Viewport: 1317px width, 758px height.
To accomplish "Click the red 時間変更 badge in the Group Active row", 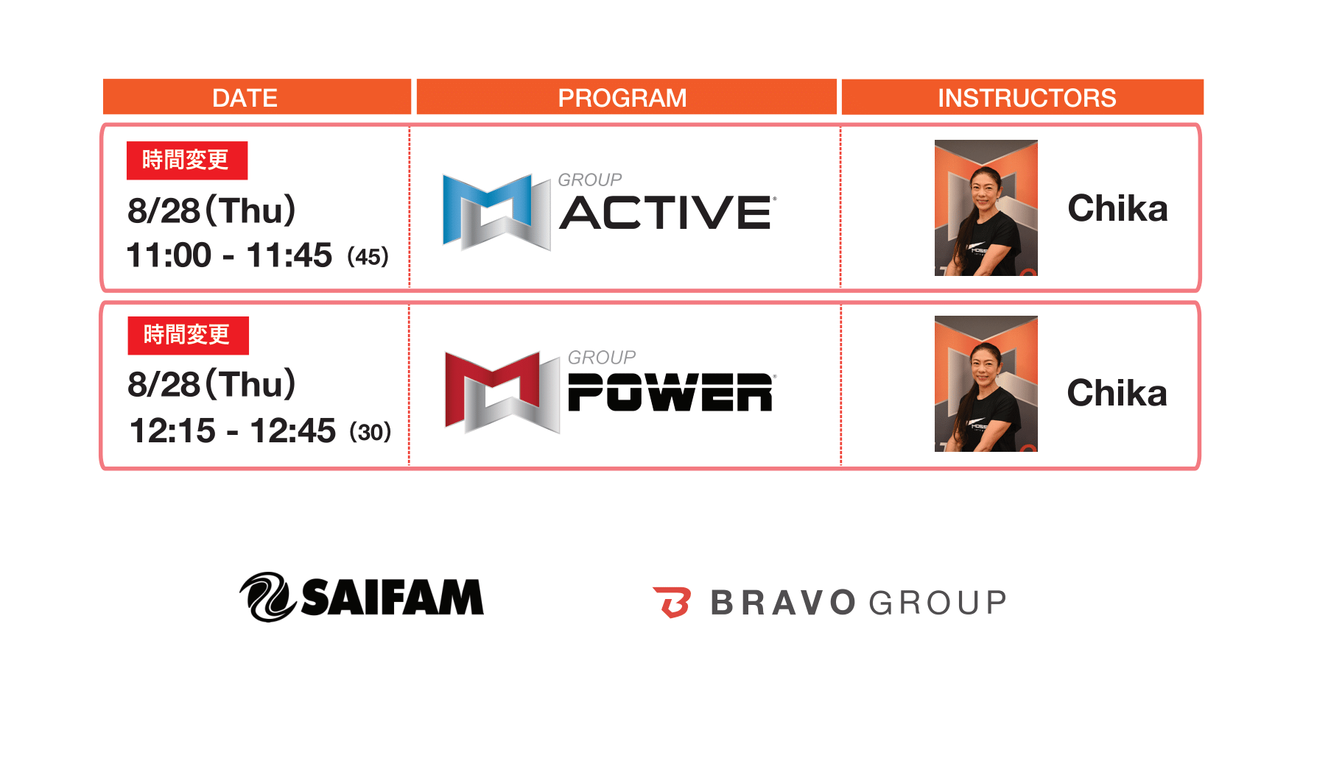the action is pyautogui.click(x=187, y=160).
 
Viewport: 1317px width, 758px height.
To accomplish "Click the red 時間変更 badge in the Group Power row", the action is pyautogui.click(x=189, y=336).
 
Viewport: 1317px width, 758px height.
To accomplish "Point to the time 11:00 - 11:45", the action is pyautogui.click(x=229, y=255).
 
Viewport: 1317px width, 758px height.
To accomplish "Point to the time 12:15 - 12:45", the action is pyautogui.click(x=232, y=431).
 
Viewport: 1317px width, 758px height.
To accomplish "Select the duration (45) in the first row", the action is pyautogui.click(x=368, y=257).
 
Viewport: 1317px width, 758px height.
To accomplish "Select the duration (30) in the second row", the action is pyautogui.click(x=370, y=432).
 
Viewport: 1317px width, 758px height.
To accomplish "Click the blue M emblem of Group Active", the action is pyautogui.click(x=496, y=212).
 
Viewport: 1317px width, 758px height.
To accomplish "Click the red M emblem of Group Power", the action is pyautogui.click(x=502, y=392).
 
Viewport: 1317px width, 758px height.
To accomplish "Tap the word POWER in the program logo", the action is pyautogui.click(x=670, y=392).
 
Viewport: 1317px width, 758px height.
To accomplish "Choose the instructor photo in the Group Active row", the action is pyautogui.click(x=986, y=208).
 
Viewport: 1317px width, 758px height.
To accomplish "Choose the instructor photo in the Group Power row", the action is pyautogui.click(x=986, y=383).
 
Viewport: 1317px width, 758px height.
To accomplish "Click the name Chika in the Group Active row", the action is pyautogui.click(x=1117, y=208).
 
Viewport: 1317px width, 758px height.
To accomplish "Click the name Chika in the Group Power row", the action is pyautogui.click(x=1117, y=393).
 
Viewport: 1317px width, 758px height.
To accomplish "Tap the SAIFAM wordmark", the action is pyautogui.click(x=393, y=597).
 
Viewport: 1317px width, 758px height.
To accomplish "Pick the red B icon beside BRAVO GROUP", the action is pyautogui.click(x=672, y=602).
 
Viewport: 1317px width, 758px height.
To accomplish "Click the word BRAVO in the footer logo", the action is pyautogui.click(x=783, y=603).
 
